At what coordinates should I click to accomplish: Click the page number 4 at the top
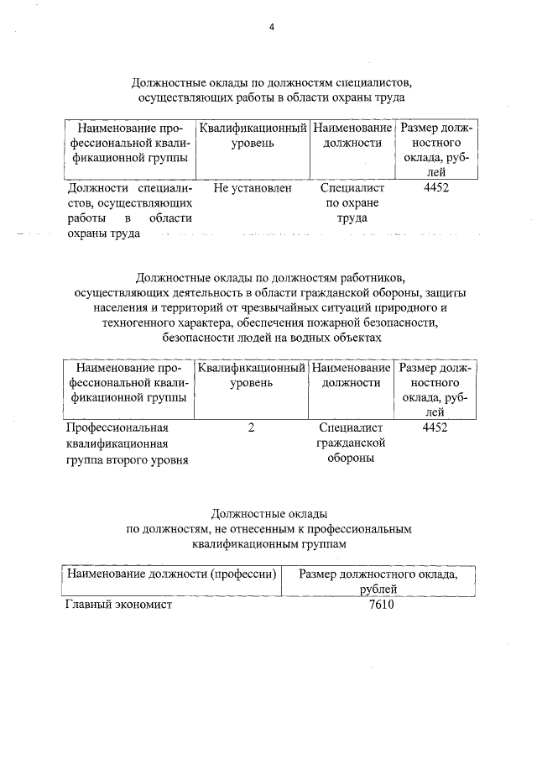[271, 26]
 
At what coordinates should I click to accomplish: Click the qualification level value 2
[251, 427]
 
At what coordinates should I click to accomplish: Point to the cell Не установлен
[253, 188]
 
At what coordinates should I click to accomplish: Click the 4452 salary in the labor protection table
[436, 188]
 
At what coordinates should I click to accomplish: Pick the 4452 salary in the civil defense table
[435, 427]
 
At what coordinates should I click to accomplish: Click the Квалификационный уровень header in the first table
[252, 136]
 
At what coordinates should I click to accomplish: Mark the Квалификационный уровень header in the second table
[251, 375]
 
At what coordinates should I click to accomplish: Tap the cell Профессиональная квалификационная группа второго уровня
[127, 443]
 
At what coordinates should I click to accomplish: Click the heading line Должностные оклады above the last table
[268, 513]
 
